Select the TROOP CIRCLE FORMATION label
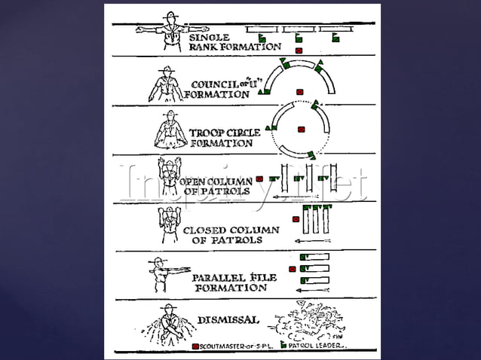(224, 137)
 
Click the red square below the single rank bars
(299, 50)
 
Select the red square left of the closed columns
(296, 219)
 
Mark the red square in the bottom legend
(195, 346)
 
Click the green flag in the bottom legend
(283, 346)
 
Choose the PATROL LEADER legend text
(317, 346)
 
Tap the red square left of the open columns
(259, 179)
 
